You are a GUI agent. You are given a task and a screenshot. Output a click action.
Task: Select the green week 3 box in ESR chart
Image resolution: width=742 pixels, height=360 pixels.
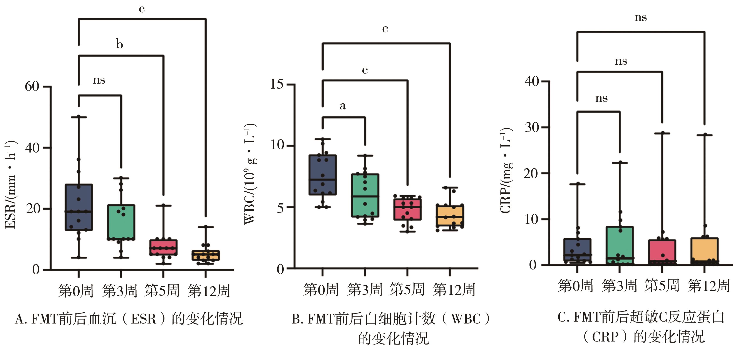121,222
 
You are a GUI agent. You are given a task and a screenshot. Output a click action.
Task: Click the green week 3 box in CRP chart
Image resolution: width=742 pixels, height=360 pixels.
619,245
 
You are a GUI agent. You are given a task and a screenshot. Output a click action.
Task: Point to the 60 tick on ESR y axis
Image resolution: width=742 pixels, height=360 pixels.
32,86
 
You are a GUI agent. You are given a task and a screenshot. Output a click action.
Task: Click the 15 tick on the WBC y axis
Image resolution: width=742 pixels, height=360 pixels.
276,84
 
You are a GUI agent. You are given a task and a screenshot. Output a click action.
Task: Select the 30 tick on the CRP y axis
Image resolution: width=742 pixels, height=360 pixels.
531,127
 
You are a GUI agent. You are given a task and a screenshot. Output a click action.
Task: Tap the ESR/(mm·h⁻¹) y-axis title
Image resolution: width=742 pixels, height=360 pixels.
11,185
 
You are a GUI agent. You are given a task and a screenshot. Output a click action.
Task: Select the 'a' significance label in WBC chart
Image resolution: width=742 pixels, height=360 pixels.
342,106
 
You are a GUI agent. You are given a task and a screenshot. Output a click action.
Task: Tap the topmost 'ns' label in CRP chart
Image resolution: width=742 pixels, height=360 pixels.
640,17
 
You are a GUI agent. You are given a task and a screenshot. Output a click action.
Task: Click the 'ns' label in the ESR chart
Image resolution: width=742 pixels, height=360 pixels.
99,80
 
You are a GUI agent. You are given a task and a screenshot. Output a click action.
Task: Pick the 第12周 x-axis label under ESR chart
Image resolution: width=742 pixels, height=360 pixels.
209,290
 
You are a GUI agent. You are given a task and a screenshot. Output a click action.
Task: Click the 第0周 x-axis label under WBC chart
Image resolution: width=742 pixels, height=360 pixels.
321,289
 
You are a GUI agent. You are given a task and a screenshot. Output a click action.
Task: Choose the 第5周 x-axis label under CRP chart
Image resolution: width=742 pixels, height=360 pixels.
662,285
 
